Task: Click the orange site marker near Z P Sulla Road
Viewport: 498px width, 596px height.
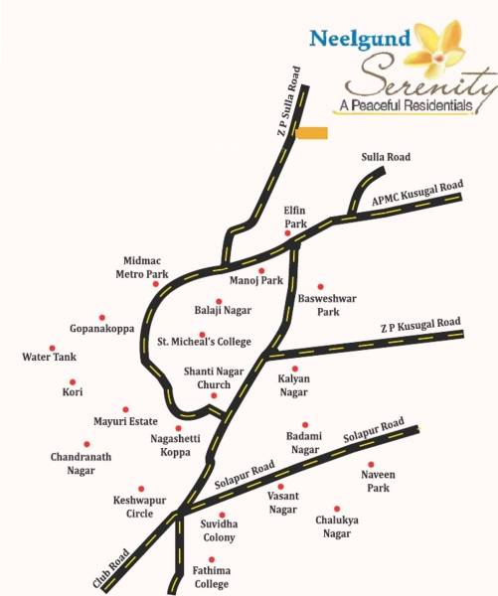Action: (314, 133)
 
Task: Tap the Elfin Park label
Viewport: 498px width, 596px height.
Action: (295, 218)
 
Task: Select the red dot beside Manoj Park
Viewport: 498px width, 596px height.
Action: (261, 270)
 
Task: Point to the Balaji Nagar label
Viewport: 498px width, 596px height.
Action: (222, 311)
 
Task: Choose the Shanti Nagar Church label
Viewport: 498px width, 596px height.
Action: (208, 378)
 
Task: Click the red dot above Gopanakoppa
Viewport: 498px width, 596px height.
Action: (101, 318)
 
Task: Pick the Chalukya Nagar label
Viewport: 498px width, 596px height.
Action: (337, 527)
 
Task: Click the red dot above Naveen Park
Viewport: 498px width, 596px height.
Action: (370, 465)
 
